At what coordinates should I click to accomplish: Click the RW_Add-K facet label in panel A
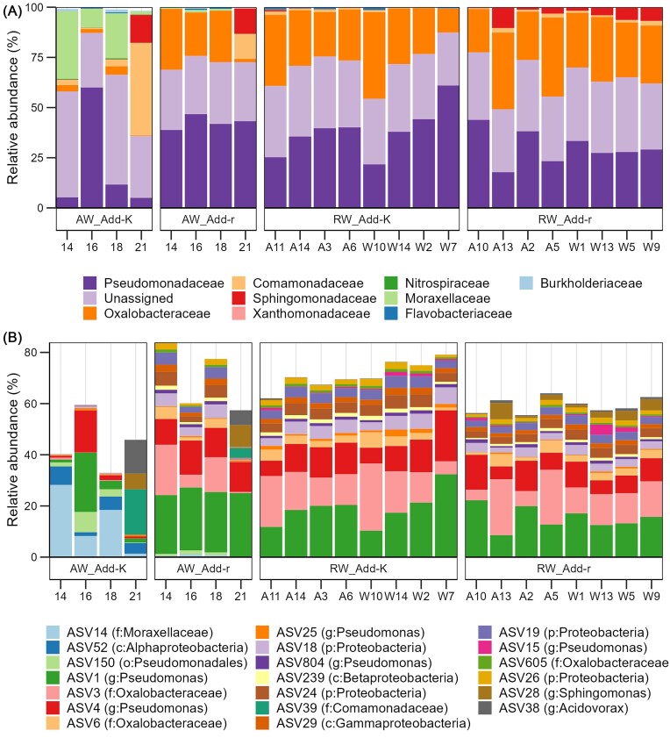click(x=360, y=217)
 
